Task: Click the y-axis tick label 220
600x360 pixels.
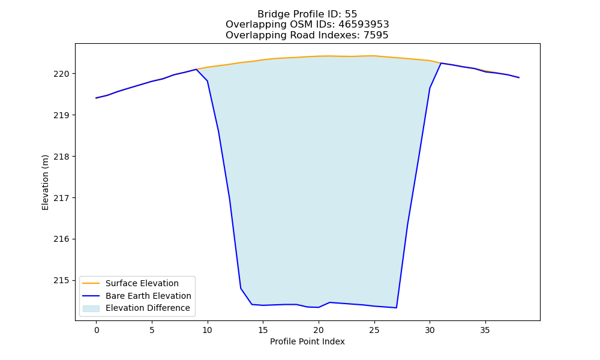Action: pos(61,74)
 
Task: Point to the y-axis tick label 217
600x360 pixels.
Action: pos(61,198)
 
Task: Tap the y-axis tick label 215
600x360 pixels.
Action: pos(61,281)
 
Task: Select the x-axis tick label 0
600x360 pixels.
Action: pos(97,330)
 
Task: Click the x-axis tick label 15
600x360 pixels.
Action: pos(263,330)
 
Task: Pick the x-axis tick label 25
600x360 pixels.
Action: pos(374,330)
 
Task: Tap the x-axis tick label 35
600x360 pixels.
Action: pos(485,330)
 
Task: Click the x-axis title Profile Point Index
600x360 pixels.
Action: pos(307,341)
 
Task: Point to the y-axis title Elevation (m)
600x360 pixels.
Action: pos(45,182)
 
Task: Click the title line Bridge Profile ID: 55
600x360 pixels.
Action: pos(307,14)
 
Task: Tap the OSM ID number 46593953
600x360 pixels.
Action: pos(364,25)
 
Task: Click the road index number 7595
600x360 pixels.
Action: pos(376,35)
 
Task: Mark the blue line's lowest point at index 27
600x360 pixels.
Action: pos(397,308)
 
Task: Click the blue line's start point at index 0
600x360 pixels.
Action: pos(97,98)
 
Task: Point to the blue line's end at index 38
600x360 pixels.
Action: pos(519,77)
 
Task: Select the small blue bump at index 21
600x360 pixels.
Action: pos(329,302)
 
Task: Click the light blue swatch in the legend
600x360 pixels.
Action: pos(91,308)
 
